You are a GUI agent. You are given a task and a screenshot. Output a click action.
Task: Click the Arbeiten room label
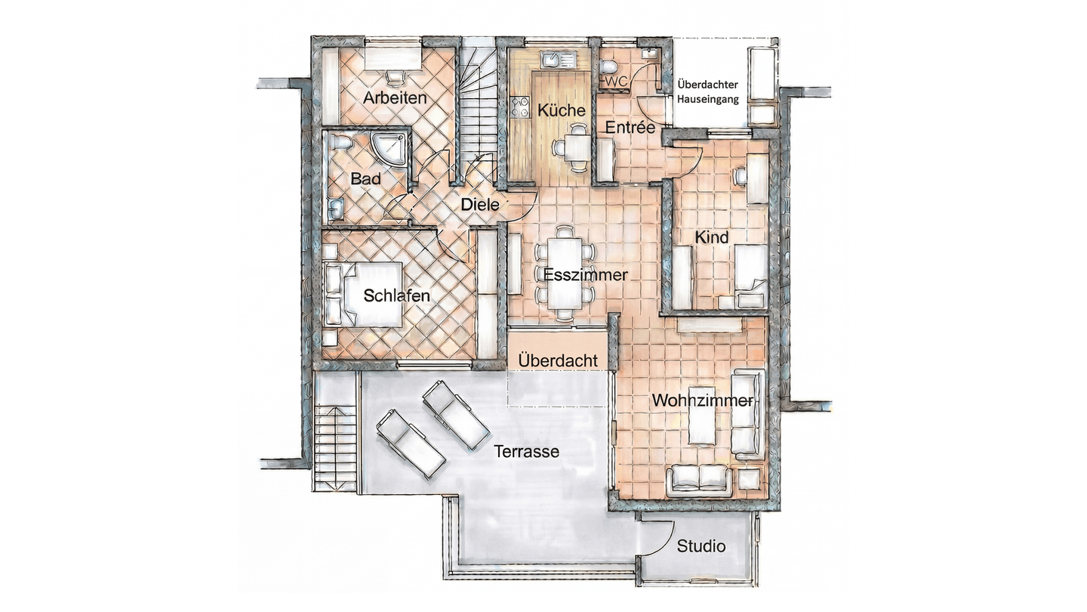click(x=395, y=98)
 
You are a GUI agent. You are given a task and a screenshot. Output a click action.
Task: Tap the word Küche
click(x=561, y=111)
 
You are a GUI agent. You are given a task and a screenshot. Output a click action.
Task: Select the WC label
click(x=616, y=82)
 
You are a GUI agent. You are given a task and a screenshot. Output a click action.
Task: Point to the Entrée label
click(x=630, y=128)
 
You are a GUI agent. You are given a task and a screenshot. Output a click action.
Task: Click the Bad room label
click(x=365, y=179)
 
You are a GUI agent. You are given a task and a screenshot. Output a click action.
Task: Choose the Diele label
click(x=480, y=205)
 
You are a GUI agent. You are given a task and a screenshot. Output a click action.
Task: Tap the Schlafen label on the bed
click(x=396, y=296)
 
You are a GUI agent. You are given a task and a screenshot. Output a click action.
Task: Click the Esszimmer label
click(x=585, y=275)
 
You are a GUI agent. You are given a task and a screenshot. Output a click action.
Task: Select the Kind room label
click(x=712, y=237)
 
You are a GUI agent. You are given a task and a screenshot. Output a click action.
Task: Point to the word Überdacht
click(x=558, y=361)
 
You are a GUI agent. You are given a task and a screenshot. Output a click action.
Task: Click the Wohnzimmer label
click(x=702, y=400)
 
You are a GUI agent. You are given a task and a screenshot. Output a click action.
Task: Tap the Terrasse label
click(x=527, y=452)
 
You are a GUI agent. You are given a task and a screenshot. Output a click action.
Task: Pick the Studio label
click(x=701, y=546)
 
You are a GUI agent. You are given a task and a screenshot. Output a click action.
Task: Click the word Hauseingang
click(x=708, y=100)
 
